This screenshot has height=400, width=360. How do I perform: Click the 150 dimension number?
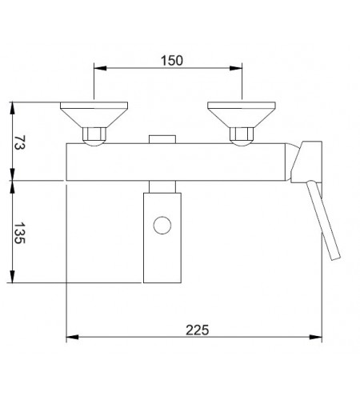coord(172,61)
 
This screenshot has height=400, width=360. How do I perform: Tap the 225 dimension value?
coord(198,330)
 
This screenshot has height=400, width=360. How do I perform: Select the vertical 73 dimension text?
coord(19,142)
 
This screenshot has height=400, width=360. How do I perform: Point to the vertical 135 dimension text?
coord(19,233)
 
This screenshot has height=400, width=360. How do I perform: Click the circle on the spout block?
coord(162,226)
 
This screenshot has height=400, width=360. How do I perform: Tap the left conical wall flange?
coord(94,114)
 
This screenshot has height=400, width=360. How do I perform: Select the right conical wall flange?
coord(242,114)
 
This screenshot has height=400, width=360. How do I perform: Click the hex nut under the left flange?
coord(94,134)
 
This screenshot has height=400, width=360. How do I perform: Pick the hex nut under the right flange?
coord(242,134)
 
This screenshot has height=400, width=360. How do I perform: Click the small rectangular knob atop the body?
coord(162,139)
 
